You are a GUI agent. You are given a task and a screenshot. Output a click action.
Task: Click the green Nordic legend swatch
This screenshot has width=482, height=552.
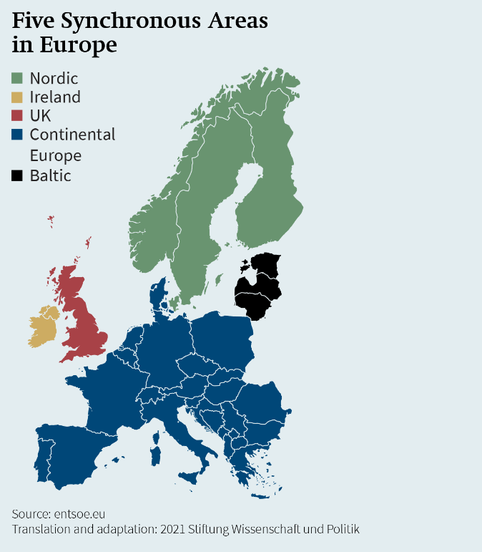click(x=18, y=78)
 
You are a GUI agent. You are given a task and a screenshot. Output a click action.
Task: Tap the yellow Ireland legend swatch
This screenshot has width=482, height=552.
click(x=18, y=97)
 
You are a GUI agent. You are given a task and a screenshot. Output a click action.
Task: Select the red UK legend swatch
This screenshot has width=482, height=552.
click(x=18, y=115)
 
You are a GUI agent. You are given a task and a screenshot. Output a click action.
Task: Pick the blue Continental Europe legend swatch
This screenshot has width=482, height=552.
click(x=18, y=134)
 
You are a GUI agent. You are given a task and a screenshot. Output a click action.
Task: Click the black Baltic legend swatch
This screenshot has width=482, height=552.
click(x=18, y=175)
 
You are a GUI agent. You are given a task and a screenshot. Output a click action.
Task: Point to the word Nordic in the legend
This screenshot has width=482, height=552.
click(x=54, y=78)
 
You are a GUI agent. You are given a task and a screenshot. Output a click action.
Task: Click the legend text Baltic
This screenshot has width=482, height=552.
click(x=50, y=175)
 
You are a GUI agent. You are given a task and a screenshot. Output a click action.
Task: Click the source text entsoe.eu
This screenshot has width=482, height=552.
click(x=81, y=514)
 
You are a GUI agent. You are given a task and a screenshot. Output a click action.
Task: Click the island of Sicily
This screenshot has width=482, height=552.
click(x=190, y=475)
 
